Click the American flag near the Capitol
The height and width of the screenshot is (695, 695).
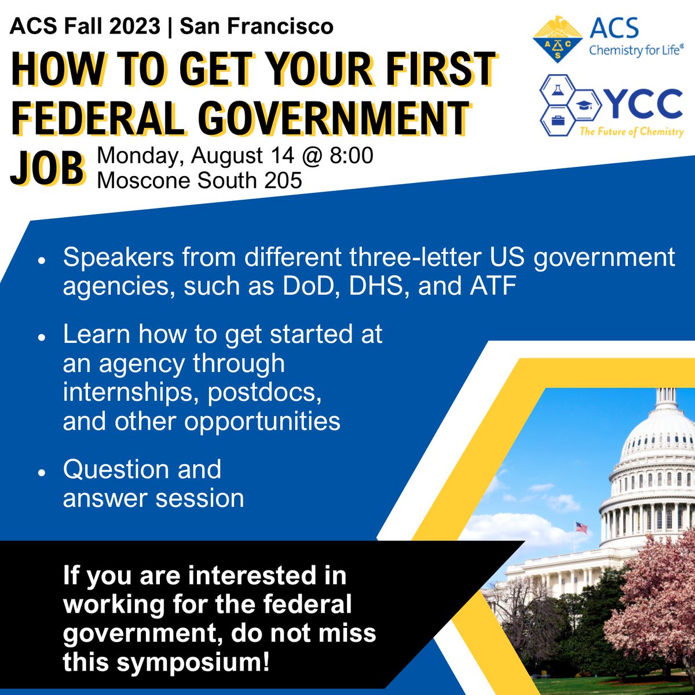click(581, 527)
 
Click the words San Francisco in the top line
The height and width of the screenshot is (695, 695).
click(257, 26)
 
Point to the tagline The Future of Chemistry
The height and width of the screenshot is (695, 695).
click(631, 131)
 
